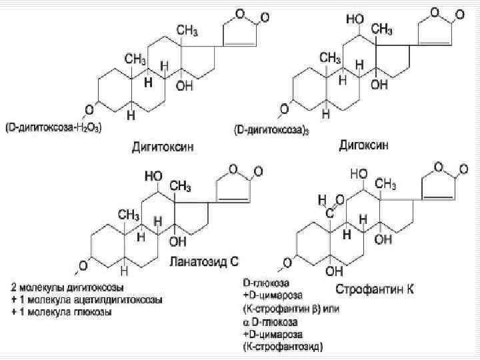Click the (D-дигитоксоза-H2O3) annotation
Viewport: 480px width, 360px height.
(53, 127)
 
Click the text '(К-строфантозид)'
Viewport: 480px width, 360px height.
(283, 346)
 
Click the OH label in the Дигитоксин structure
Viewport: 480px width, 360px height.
(185, 86)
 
